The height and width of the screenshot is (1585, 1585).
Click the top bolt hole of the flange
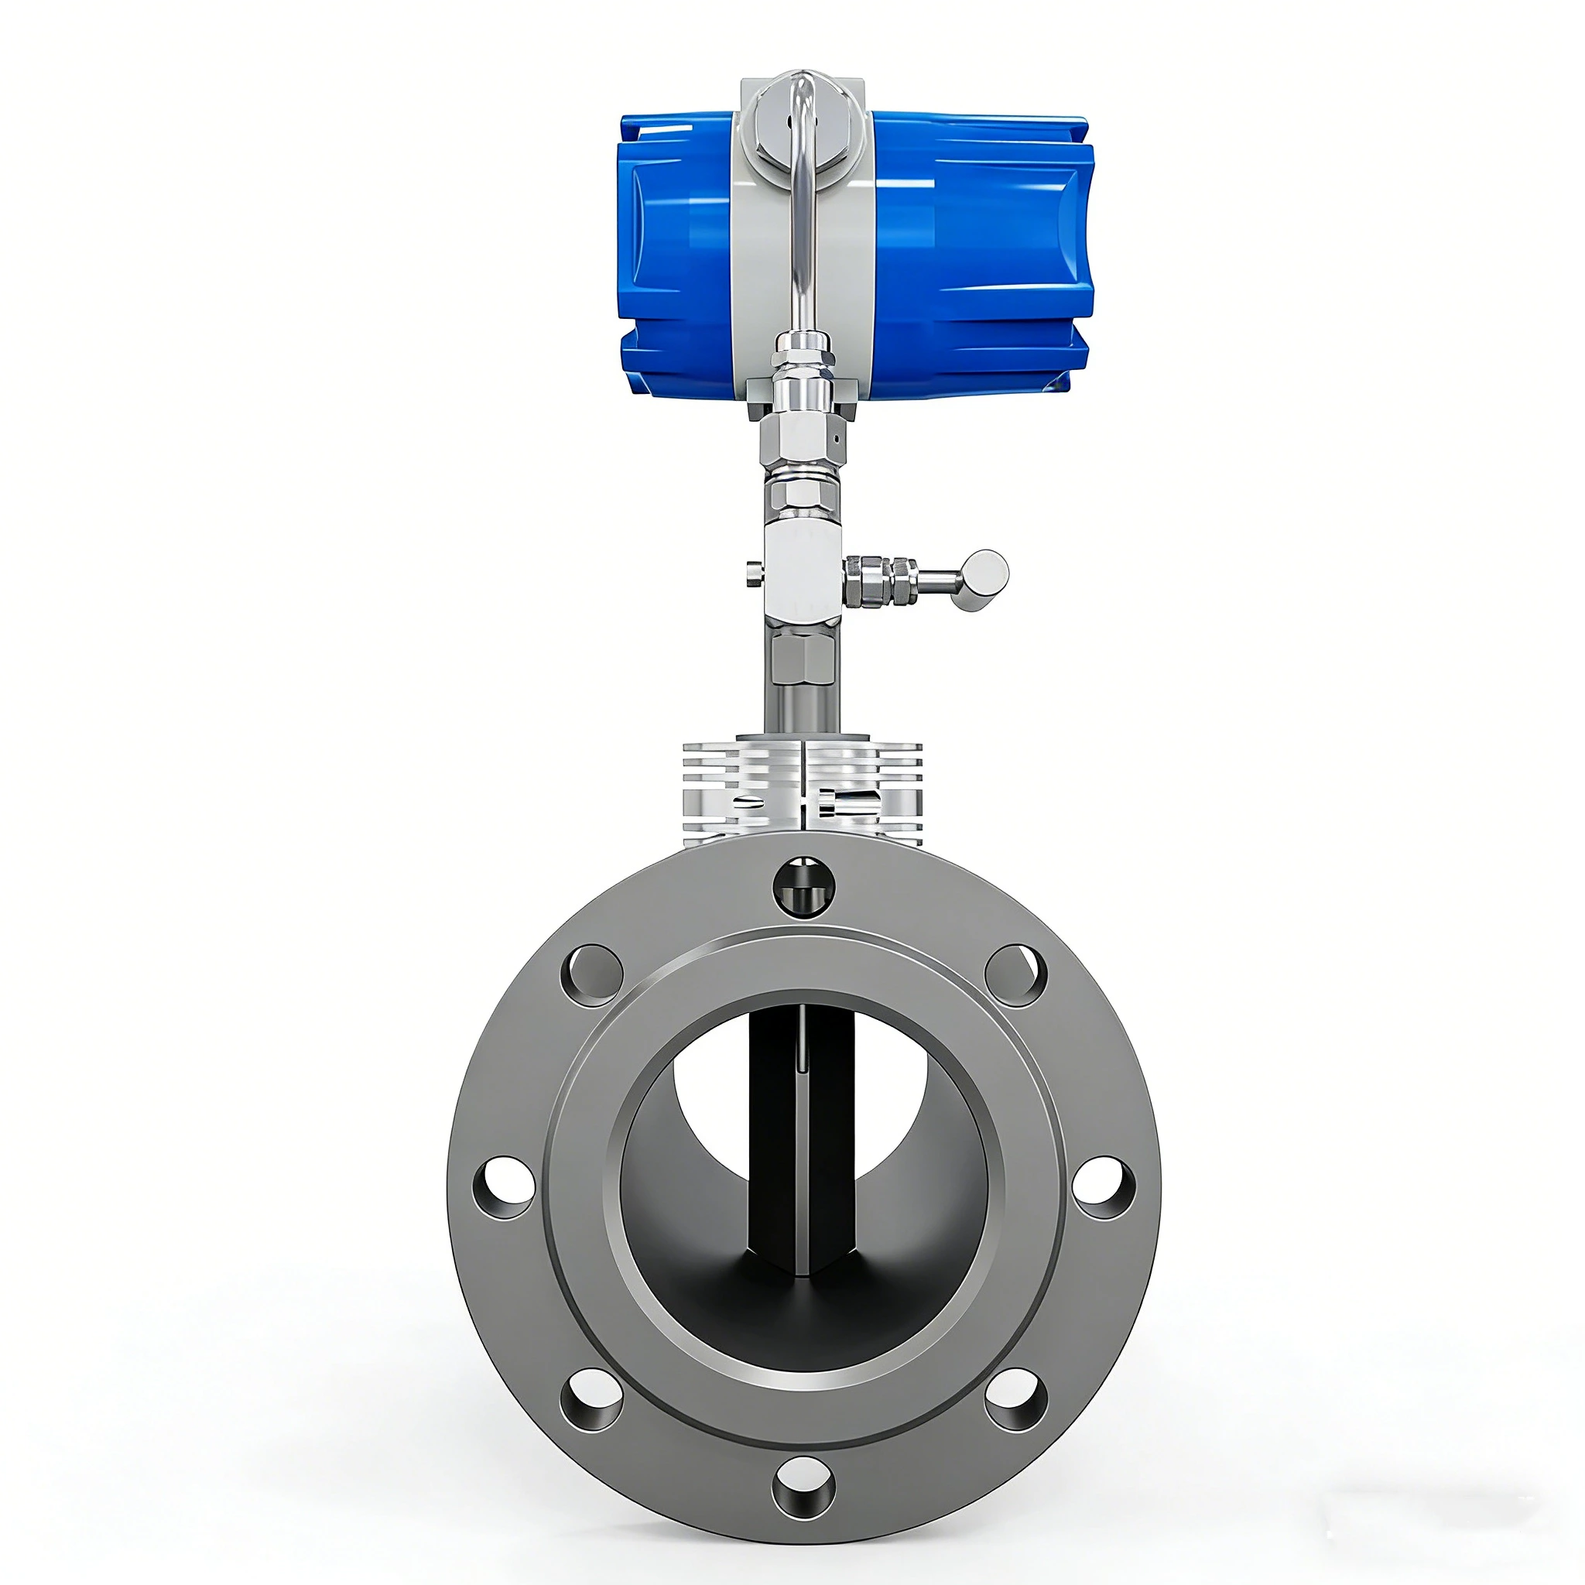tap(804, 886)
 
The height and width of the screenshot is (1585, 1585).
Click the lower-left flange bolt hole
tap(591, 1399)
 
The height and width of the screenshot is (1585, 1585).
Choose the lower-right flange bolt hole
tap(1015, 1399)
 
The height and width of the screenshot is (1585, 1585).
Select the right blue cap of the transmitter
tap(984, 255)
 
